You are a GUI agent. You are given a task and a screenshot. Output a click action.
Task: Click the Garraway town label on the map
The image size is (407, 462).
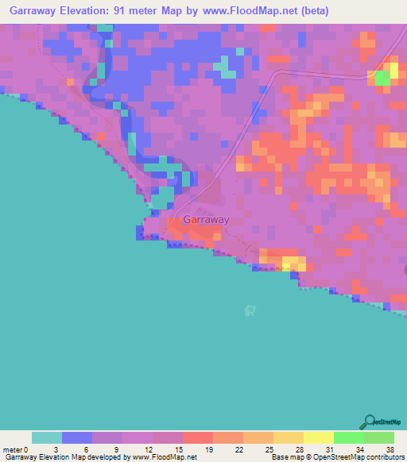pyautogui.click(x=206, y=220)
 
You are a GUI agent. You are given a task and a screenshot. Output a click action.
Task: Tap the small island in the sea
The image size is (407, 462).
pyautogui.click(x=252, y=309)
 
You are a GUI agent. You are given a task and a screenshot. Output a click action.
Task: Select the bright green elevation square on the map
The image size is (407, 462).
pyautogui.click(x=382, y=78)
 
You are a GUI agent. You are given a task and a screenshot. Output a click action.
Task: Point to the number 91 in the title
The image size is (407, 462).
pyautogui.click(x=141, y=11)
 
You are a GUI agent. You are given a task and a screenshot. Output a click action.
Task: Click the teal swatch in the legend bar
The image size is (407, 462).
pyautogui.click(x=47, y=437)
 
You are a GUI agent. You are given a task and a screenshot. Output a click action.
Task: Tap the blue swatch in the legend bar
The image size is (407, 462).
pyautogui.click(x=77, y=437)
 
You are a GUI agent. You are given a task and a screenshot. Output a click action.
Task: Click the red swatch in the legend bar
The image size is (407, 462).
pyautogui.click(x=198, y=437)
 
